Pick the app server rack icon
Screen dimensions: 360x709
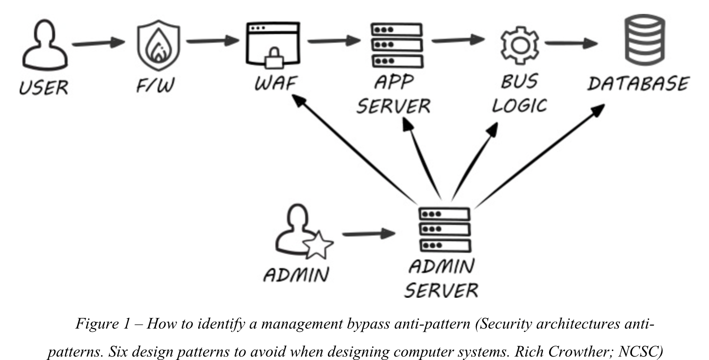[x=397, y=45]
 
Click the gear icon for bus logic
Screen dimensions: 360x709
[x=519, y=45]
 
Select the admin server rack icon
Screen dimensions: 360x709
[x=443, y=230]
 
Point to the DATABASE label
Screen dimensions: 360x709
[x=638, y=84]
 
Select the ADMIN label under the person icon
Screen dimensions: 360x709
[x=296, y=275]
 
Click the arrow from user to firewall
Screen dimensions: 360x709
[x=98, y=43]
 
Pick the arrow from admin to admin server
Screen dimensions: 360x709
[x=369, y=235]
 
